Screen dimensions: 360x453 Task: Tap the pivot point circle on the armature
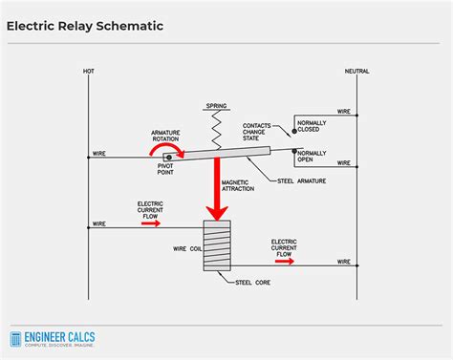pyautogui.click(x=169, y=156)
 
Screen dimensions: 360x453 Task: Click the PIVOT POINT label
pyautogui.click(x=168, y=173)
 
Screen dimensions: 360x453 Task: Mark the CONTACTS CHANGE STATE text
pyautogui.click(x=256, y=131)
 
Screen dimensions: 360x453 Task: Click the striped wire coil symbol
pyautogui.click(x=218, y=246)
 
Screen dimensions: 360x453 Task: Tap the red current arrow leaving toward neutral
pyautogui.click(x=284, y=261)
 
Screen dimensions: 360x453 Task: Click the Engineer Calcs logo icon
pyautogui.click(x=16, y=339)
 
